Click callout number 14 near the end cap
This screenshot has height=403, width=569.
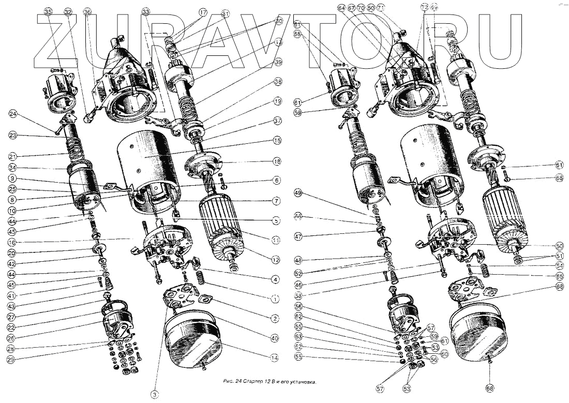point(274,357)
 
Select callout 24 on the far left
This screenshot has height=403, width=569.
point(13,114)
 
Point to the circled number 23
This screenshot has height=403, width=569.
point(13,136)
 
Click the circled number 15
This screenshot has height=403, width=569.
point(277,140)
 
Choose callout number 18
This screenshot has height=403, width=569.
point(277,161)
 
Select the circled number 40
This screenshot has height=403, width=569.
point(274,338)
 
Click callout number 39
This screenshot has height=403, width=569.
point(278,63)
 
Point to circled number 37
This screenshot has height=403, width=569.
point(278,121)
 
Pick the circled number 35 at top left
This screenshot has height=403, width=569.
point(49,11)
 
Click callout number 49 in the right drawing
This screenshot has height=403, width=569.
point(298,193)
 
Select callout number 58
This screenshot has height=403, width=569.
point(298,296)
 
